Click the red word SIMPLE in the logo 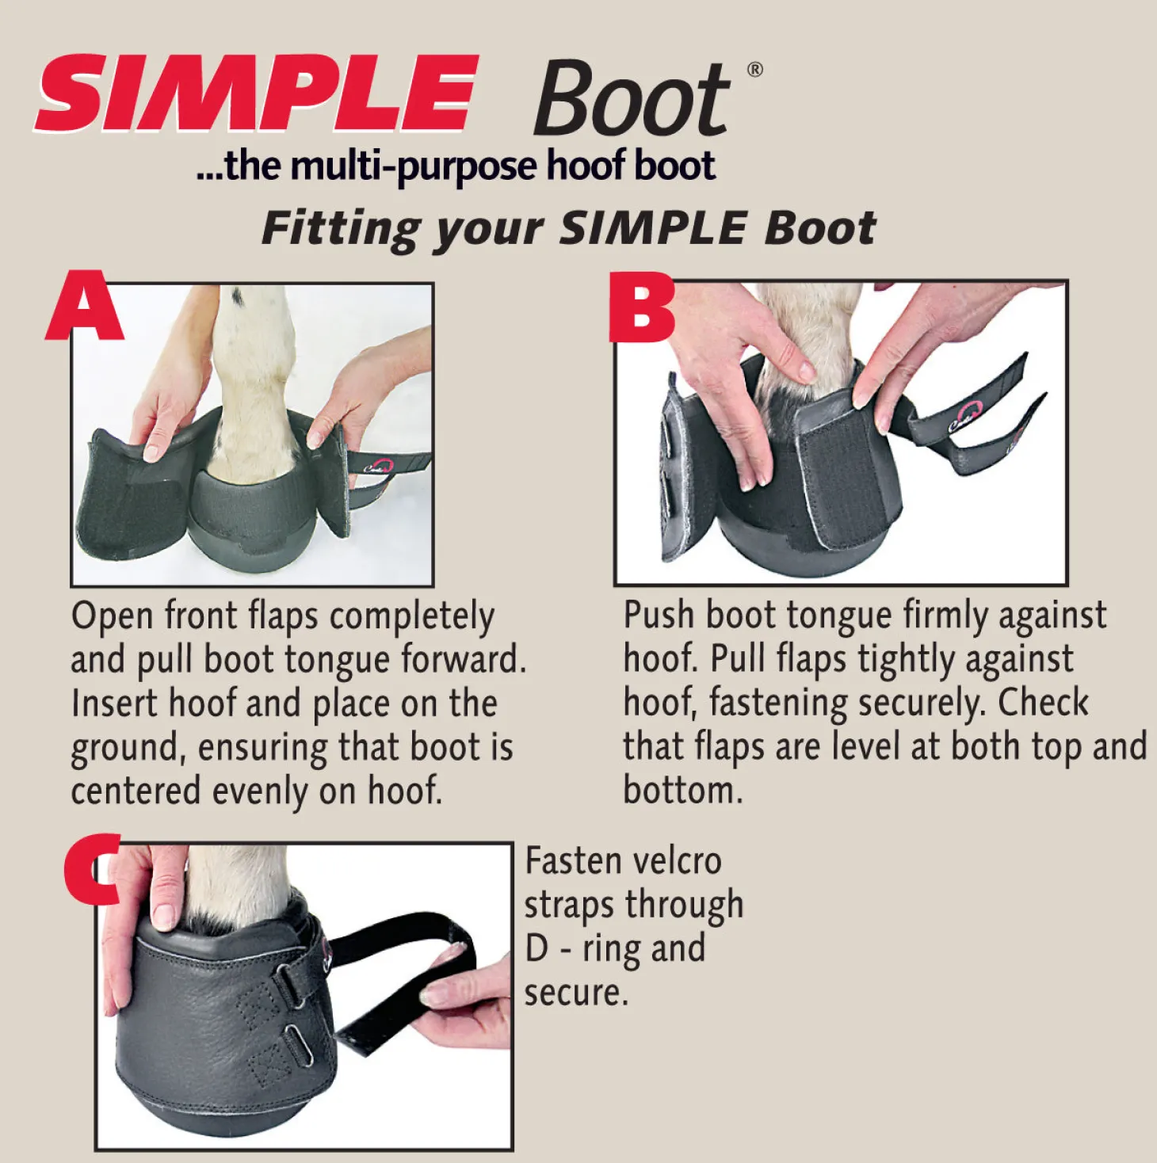[257, 93]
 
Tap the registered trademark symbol [755, 70]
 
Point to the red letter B [641, 307]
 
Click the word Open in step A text [112, 617]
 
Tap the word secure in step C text [575, 993]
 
